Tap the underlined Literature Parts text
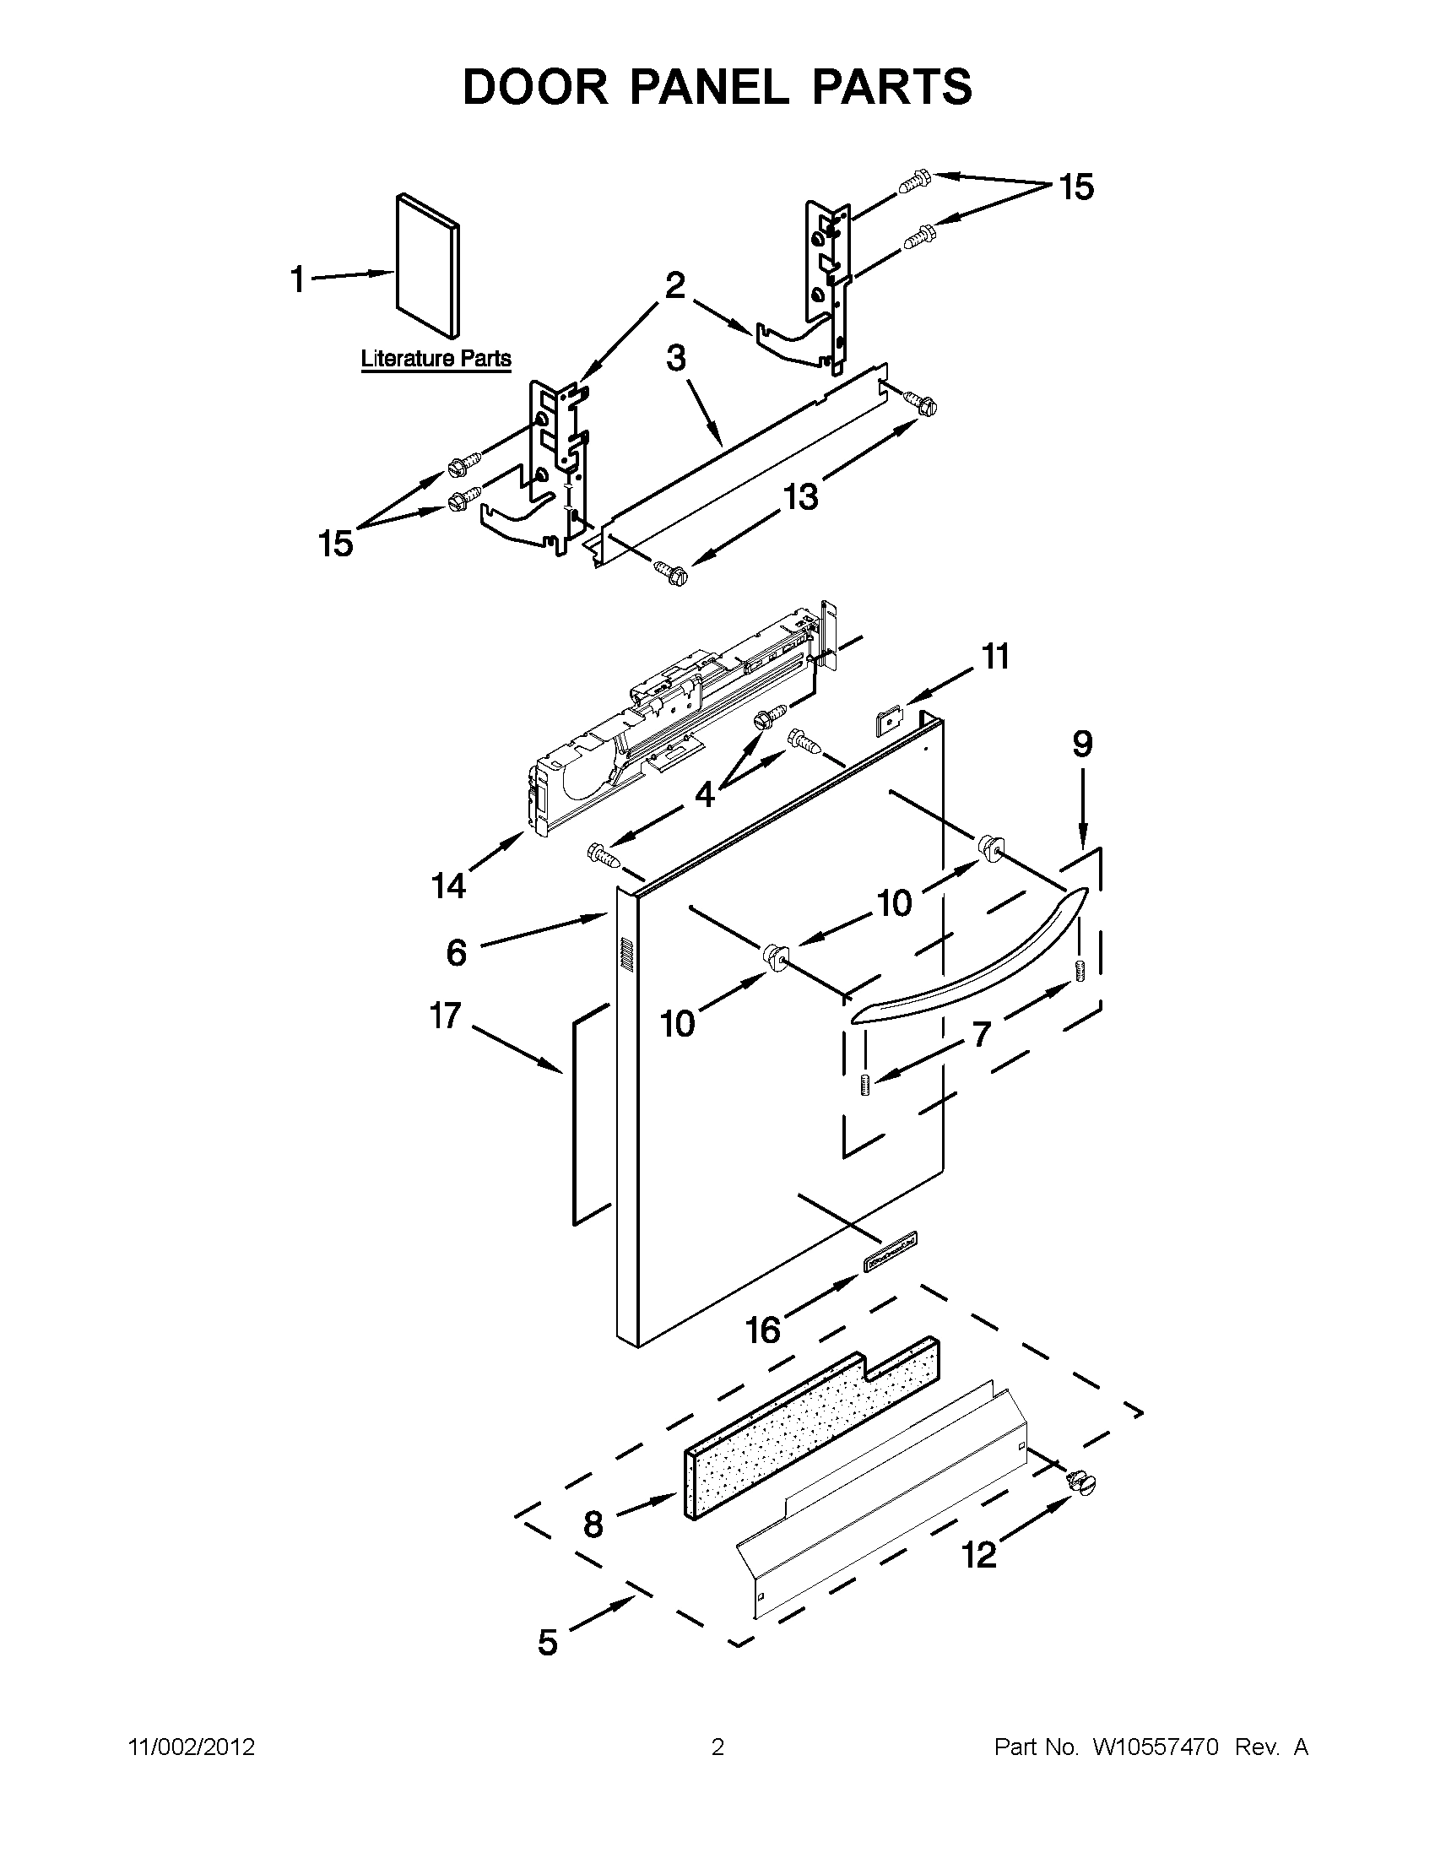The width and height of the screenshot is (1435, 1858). point(436,358)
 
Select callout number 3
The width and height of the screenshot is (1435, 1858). point(675,358)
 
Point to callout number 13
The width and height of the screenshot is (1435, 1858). point(800,496)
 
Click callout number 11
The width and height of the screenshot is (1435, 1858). point(995,657)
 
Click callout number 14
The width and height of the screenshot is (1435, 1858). point(448,886)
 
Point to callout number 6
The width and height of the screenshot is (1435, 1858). point(456,953)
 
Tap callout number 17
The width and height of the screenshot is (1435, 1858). point(445,1016)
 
